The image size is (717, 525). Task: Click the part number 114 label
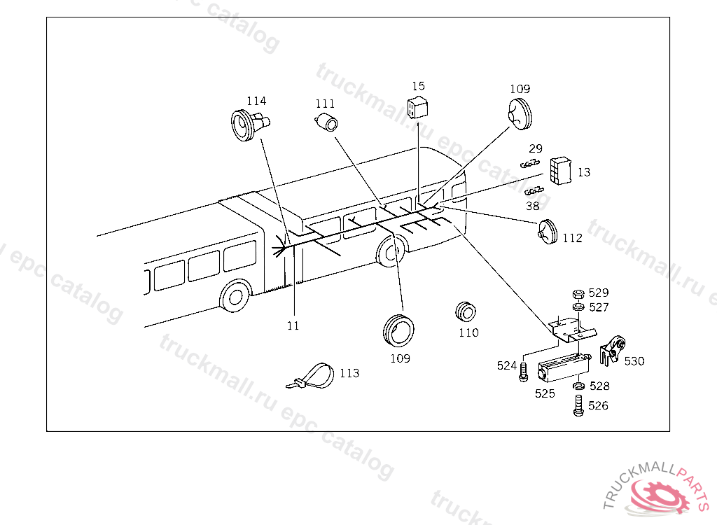click(x=256, y=101)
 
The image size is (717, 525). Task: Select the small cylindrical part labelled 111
click(x=327, y=122)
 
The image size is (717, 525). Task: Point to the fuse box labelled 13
click(x=561, y=171)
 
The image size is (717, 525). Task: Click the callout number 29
click(x=536, y=148)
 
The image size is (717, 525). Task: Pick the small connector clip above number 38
click(x=534, y=190)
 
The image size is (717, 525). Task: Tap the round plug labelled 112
click(x=547, y=232)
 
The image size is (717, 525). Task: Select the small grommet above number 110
click(x=466, y=313)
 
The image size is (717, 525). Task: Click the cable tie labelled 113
click(x=311, y=377)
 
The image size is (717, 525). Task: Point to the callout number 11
click(x=293, y=326)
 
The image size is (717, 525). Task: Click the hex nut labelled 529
click(x=578, y=294)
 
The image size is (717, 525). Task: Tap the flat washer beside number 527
click(x=578, y=307)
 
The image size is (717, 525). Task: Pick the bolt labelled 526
click(x=578, y=405)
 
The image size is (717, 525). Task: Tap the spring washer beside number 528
click(x=578, y=386)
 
